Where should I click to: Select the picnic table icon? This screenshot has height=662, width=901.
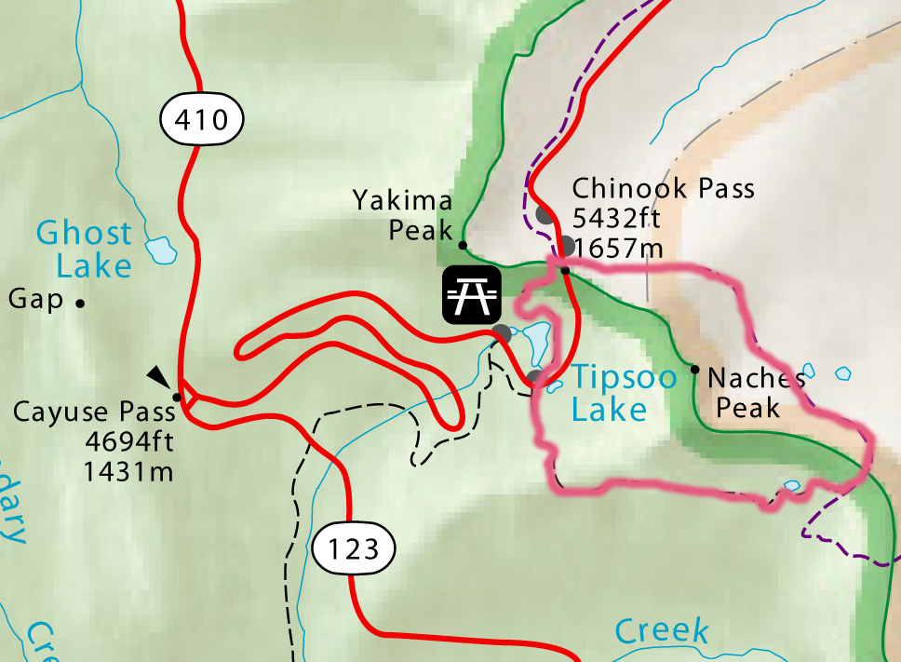(473, 295)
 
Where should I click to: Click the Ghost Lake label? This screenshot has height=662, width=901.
(85, 249)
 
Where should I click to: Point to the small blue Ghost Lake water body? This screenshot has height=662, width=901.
(162, 250)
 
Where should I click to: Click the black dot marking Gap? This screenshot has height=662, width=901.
(81, 303)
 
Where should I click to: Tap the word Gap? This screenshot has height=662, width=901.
(35, 300)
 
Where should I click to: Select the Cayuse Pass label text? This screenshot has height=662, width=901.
(94, 412)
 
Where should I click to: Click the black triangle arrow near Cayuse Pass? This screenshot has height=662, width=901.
(159, 375)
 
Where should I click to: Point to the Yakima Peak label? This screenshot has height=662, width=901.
(403, 214)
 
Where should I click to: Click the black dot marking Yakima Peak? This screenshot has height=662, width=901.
(463, 245)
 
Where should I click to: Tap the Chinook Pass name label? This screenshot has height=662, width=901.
(663, 189)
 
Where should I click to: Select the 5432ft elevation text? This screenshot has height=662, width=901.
(617, 219)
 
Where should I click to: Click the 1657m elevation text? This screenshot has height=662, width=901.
(619, 248)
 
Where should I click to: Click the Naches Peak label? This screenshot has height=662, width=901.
(756, 392)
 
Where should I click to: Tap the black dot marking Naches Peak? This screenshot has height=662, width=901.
(694, 370)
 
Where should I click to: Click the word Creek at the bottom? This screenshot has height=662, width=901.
(662, 631)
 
